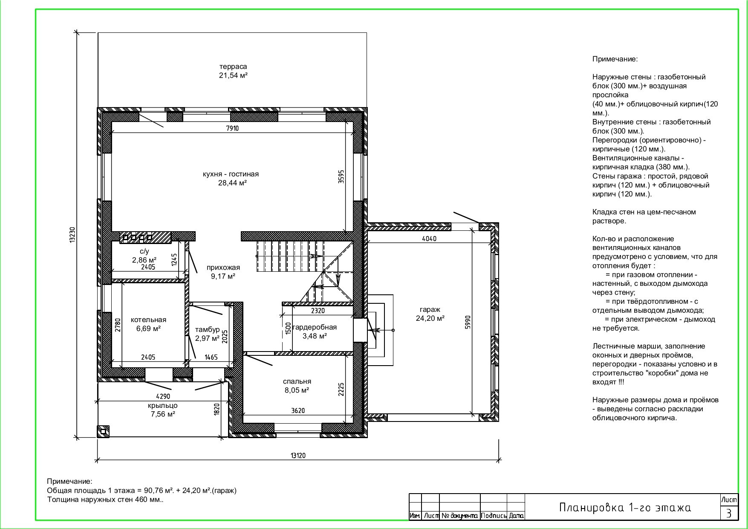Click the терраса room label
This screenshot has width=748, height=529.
233,67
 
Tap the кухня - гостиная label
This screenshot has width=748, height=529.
231,174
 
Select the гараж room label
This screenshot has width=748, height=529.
430,309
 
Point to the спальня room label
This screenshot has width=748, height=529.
297,381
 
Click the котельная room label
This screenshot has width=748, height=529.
148,320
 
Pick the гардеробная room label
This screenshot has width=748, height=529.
315,327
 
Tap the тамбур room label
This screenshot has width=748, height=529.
208,330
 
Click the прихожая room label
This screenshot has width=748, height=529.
223,267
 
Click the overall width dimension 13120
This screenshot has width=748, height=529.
298,455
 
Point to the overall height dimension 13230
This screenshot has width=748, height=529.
72,235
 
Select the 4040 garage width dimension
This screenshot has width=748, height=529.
429,239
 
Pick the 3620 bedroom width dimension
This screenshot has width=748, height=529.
298,411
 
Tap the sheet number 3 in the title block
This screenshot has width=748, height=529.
729,513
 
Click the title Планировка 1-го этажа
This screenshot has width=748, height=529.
625,508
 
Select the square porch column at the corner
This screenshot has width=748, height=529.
103,431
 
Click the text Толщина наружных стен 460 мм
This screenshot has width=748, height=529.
105,500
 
